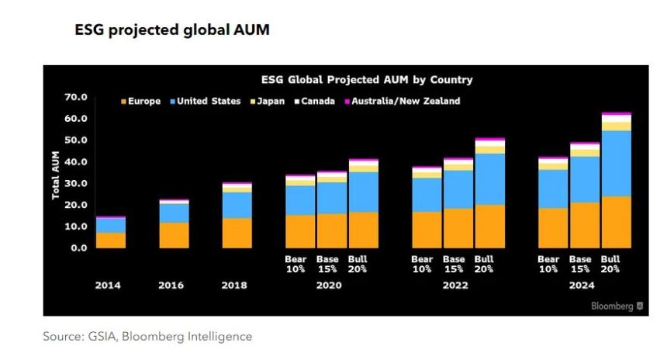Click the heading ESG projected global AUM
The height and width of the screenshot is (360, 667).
click(x=171, y=30)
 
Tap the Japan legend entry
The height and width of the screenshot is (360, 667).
click(x=270, y=101)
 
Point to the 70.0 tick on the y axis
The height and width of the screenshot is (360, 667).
click(x=76, y=97)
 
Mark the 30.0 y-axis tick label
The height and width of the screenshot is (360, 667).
click(x=76, y=183)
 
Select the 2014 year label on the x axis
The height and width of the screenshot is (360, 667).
click(x=108, y=285)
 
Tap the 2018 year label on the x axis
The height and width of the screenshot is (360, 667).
click(x=234, y=285)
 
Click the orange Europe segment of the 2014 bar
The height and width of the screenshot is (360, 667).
click(x=110, y=240)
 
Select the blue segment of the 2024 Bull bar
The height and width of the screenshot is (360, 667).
click(x=616, y=163)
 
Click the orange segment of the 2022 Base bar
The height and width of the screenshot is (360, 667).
click(x=458, y=228)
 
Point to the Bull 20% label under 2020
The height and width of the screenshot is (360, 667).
click(x=358, y=264)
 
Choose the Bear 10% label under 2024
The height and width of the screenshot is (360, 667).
click(x=548, y=264)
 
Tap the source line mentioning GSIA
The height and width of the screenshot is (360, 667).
click(x=147, y=337)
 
